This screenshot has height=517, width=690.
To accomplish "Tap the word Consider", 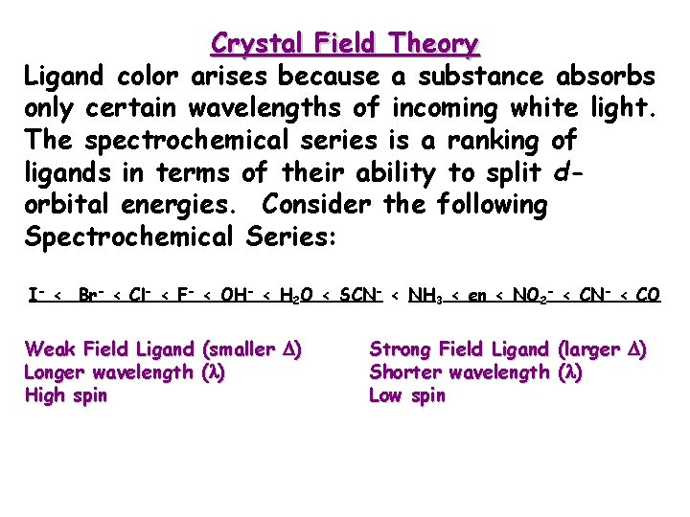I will (318, 205).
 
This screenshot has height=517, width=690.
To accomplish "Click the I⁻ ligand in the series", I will (34, 295).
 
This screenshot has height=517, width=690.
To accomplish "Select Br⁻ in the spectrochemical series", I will (93, 295).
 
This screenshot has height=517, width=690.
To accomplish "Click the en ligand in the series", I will (476, 297).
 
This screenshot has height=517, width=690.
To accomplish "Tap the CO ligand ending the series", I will (648, 296).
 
